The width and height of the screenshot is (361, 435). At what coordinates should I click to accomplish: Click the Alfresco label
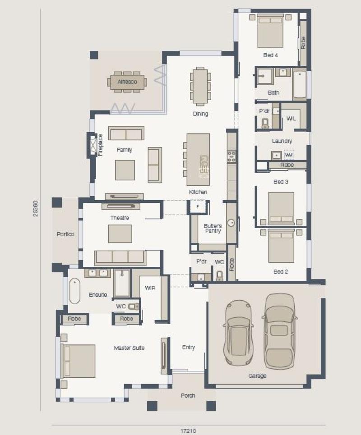pyautogui.click(x=127, y=82)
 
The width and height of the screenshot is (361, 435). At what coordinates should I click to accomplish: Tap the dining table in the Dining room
pyautogui.click(x=200, y=86)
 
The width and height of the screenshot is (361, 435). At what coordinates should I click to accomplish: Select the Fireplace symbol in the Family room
pyautogui.click(x=93, y=145)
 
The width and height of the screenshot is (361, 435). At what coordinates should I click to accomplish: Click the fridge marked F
pyautogui.click(x=198, y=206)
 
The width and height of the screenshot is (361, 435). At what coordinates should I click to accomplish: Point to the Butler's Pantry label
pyautogui.click(x=213, y=229)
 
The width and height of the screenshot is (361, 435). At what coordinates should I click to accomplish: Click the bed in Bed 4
pyautogui.click(x=270, y=31)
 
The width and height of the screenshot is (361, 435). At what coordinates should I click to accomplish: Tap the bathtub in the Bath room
pyautogui.click(x=300, y=85)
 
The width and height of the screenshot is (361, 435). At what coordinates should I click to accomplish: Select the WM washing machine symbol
pyautogui.click(x=289, y=155)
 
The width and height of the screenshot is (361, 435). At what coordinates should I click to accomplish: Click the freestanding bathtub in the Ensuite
pyautogui.click(x=75, y=291)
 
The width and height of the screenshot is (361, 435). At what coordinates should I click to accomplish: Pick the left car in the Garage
pyautogui.click(x=238, y=332)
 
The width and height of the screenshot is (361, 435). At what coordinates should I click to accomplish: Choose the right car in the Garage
pyautogui.click(x=279, y=331)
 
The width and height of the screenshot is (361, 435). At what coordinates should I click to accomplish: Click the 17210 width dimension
pyautogui.click(x=188, y=431)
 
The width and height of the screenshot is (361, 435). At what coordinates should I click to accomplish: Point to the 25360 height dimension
pyautogui.click(x=36, y=209)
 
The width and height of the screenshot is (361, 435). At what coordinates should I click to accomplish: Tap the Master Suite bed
pyautogui.click(x=78, y=361)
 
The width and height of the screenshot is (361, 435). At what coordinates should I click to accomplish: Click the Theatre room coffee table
pyautogui.click(x=120, y=234)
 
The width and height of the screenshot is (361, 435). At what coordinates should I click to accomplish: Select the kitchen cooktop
pyautogui.click(x=231, y=156)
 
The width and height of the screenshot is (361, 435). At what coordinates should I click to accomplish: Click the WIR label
pyautogui.click(x=150, y=288)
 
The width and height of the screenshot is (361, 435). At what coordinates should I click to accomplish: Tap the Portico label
pyautogui.click(x=65, y=234)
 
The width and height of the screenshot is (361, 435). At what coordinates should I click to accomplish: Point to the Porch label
pyautogui.click(x=188, y=396)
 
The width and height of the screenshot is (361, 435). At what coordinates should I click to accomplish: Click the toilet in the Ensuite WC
pyautogui.click(x=134, y=306)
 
